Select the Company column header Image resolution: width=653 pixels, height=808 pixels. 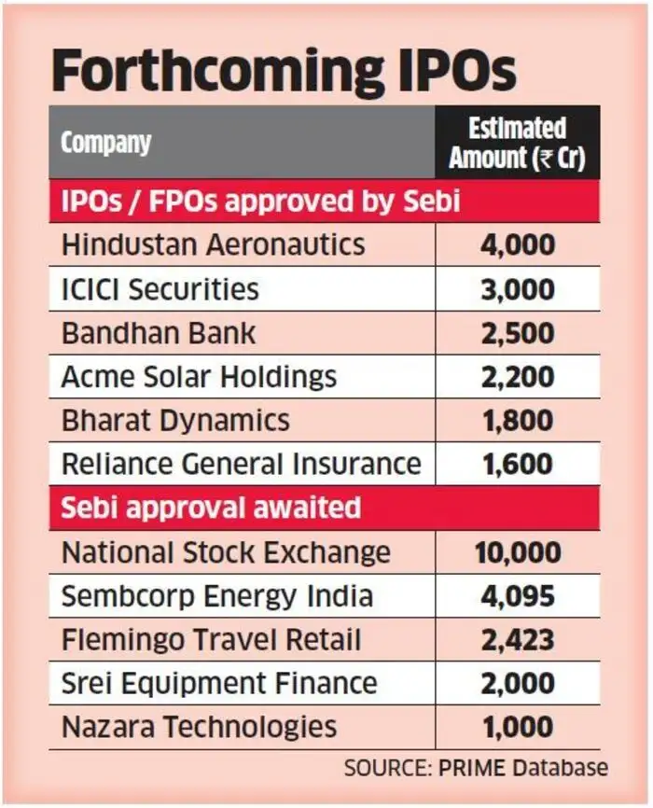tap(105, 143)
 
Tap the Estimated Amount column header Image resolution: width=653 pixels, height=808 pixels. tap(517, 143)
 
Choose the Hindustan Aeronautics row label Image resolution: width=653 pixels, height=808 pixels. tap(213, 245)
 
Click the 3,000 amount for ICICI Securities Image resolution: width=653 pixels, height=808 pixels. tap(517, 289)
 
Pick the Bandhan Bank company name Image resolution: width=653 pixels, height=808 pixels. tap(158, 333)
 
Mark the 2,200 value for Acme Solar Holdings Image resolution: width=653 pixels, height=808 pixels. tap(517, 377)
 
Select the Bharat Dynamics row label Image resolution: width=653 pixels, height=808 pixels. tap(175, 421)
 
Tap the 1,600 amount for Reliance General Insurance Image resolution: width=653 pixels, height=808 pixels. tap(517, 465)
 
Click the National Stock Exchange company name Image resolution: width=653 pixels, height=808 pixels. tap(226, 552)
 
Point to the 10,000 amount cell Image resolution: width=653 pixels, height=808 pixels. tap(517, 552)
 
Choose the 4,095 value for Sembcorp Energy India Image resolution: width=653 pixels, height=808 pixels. tap(517, 596)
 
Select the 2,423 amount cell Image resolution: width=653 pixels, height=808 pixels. tap(517, 640)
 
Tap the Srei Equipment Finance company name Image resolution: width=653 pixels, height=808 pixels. tap(219, 684)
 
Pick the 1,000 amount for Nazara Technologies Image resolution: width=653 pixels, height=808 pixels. tap(517, 728)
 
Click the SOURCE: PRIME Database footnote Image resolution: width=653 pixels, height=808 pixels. tap(476, 768)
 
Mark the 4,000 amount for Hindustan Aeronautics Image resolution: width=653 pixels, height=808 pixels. tap(517, 245)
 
